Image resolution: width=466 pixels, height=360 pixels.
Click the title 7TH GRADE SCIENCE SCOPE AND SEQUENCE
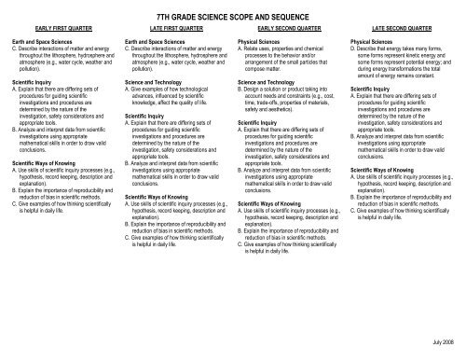(233, 18)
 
